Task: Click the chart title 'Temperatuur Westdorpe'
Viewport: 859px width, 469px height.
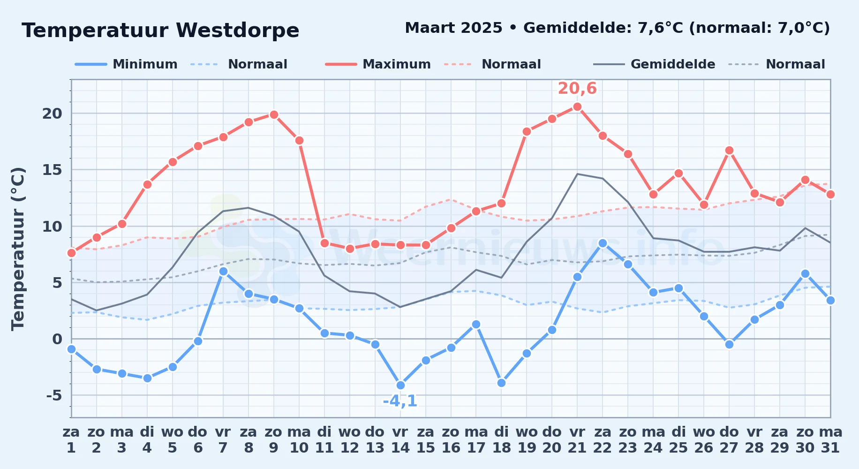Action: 160,30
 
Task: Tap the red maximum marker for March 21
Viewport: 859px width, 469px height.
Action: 577,106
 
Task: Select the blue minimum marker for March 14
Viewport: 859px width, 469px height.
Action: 400,385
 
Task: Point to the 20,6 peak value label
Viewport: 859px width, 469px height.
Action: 577,88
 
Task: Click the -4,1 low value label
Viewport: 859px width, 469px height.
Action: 400,401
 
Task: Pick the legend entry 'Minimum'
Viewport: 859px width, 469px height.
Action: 126,64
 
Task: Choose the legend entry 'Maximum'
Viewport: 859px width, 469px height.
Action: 378,64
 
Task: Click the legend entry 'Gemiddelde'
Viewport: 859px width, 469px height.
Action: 654,64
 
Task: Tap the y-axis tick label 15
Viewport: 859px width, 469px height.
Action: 52,170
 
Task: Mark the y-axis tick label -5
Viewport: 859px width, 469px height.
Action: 54,395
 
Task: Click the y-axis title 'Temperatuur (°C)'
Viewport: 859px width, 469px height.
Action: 18,249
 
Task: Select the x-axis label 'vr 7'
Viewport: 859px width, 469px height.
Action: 223,440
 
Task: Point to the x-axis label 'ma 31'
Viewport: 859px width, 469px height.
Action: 830,440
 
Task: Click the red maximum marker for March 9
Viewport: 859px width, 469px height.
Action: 274,114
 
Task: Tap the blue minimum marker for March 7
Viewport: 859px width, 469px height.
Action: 223,271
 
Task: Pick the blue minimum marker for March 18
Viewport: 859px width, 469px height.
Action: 501,383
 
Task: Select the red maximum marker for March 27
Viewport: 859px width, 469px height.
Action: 729,151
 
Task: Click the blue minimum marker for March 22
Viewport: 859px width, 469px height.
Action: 603,243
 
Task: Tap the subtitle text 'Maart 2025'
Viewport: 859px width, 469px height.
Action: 453,28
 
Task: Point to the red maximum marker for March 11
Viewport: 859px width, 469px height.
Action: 324,243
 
